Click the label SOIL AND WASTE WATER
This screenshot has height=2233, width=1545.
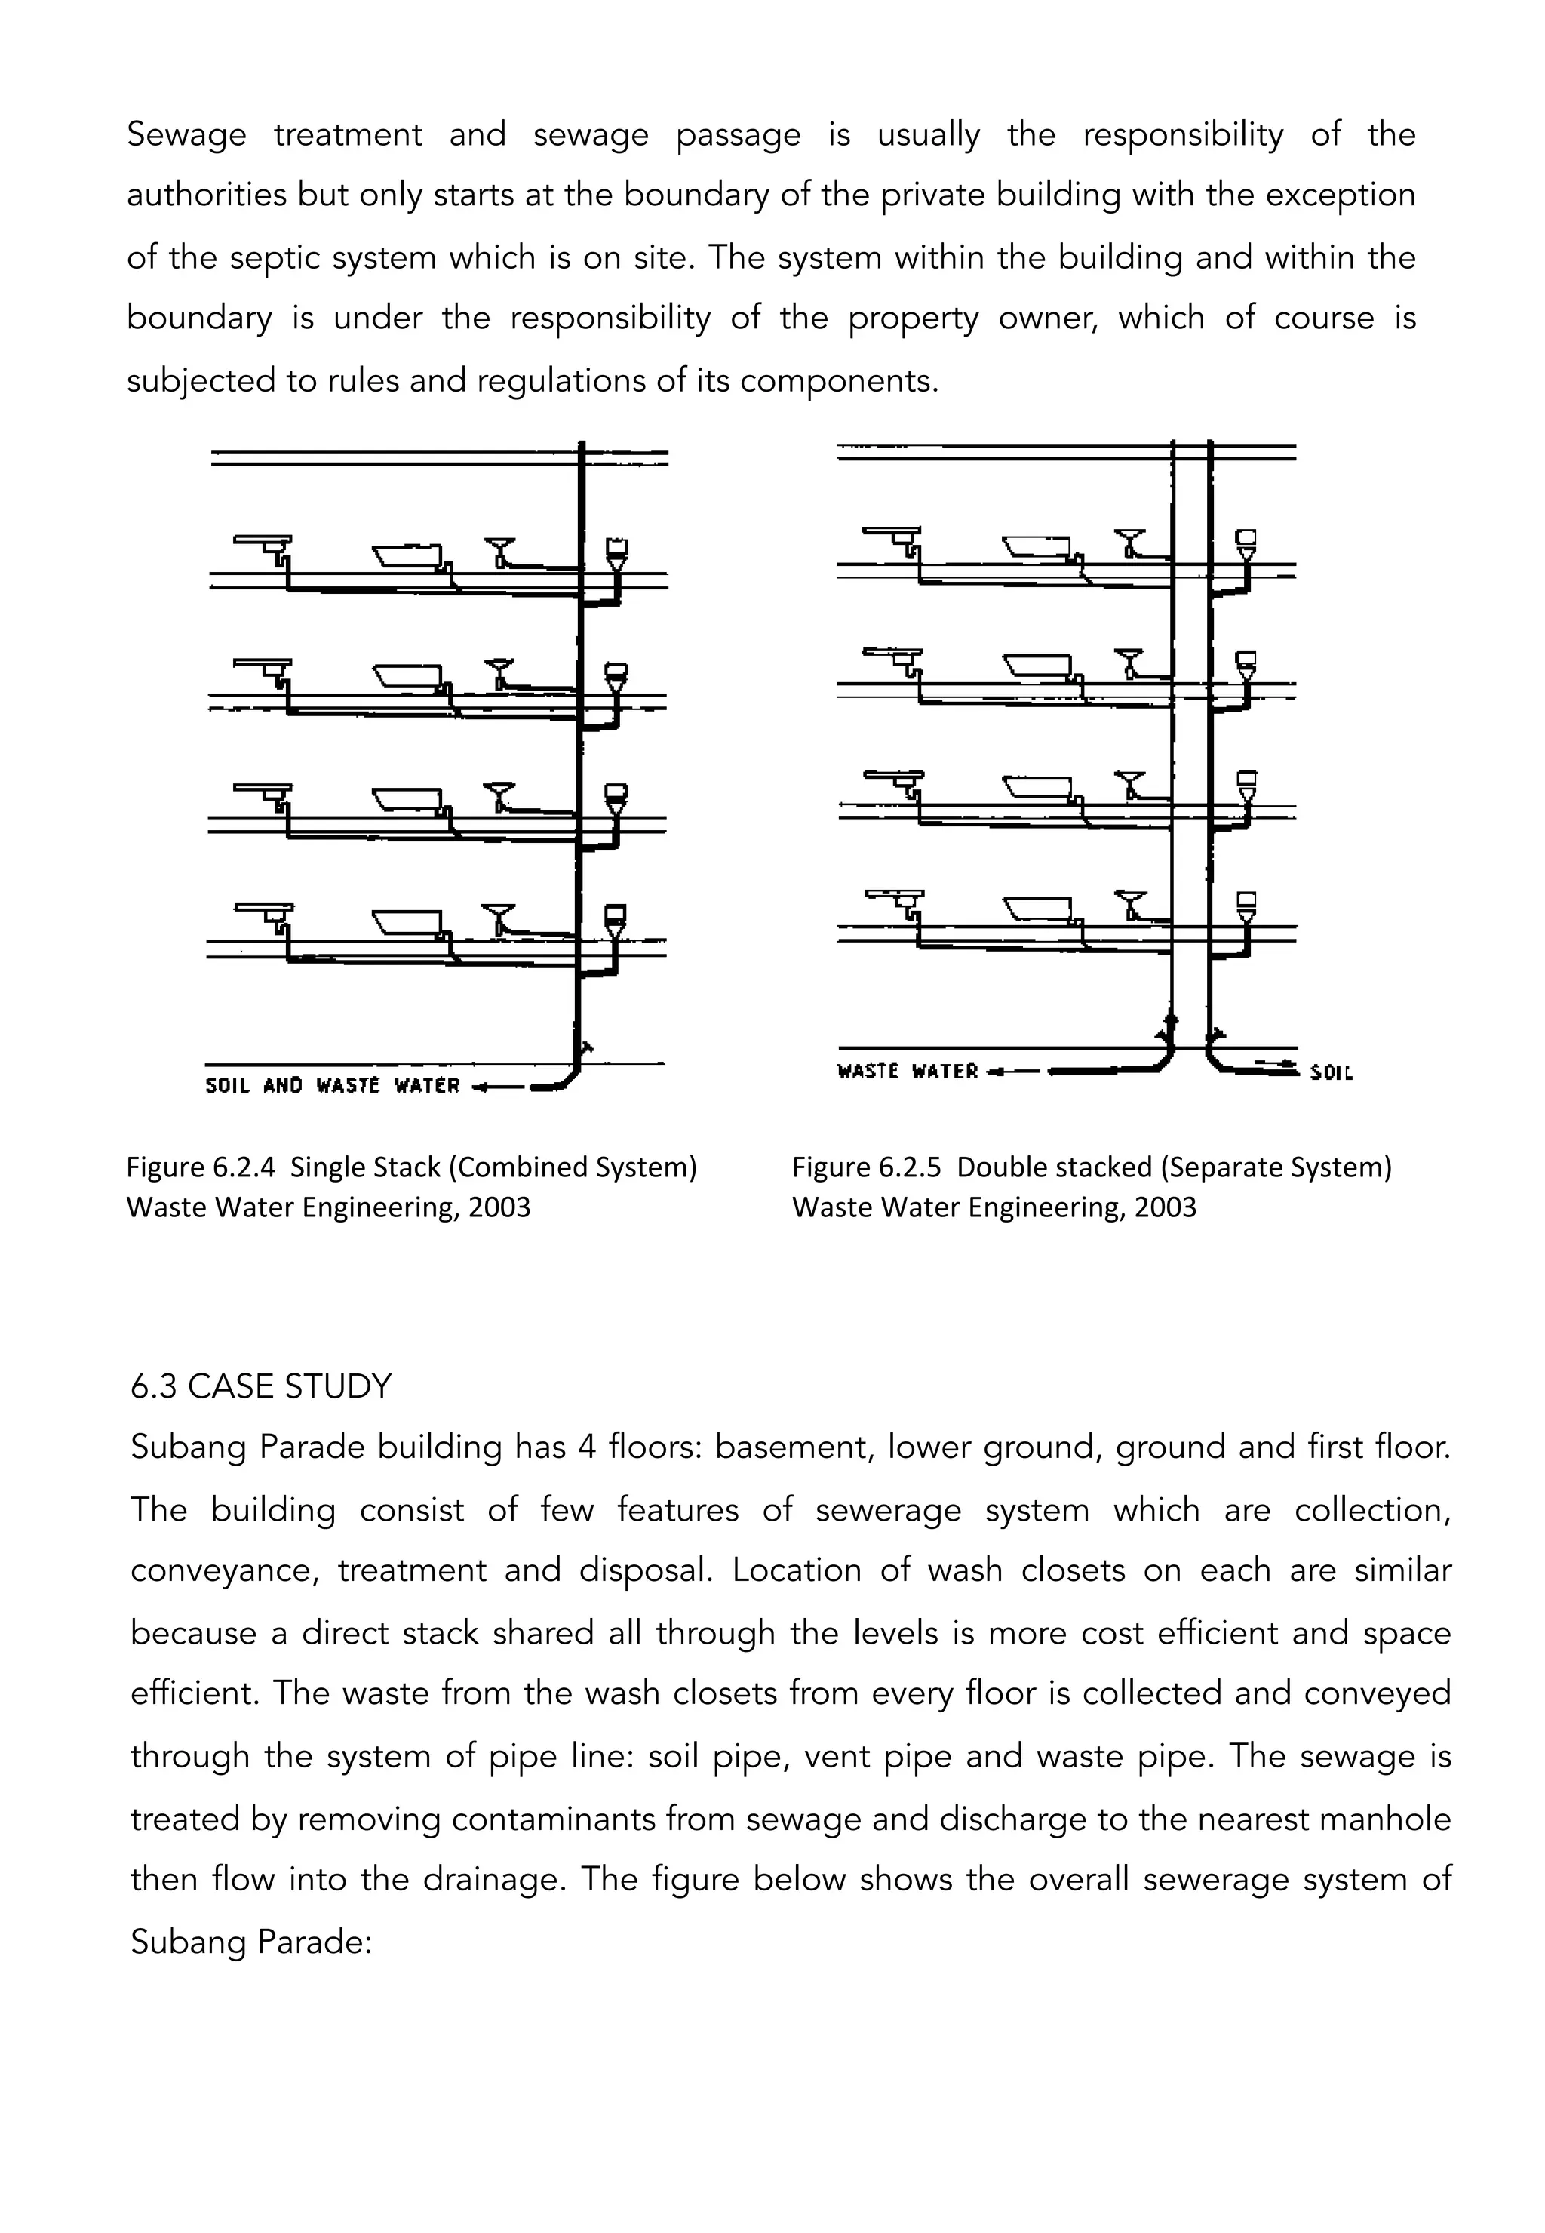(331, 1085)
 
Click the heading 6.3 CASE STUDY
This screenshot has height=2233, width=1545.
(260, 1387)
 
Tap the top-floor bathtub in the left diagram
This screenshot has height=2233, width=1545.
(407, 557)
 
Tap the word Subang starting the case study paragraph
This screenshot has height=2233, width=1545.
(182, 1447)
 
